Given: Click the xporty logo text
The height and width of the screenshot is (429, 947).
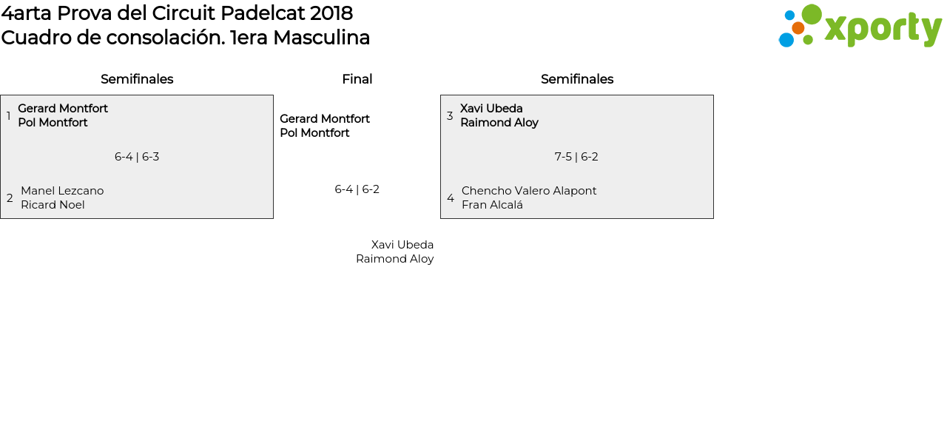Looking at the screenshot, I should [883, 29].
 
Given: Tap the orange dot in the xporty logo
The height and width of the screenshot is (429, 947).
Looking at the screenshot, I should [798, 28].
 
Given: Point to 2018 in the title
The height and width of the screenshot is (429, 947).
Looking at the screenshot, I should [331, 13].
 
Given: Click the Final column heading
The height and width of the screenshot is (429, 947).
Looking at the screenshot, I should [357, 79].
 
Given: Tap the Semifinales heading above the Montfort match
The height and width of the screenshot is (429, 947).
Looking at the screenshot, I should [137, 79].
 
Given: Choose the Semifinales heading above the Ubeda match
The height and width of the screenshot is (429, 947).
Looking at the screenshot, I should [577, 79].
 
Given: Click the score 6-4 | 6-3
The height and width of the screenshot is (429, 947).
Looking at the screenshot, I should [137, 157].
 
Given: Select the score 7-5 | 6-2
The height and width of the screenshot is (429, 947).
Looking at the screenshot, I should [576, 157].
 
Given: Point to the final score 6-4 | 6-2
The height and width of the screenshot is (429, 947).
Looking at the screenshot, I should [357, 189].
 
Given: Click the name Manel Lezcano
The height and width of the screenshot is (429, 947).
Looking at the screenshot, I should [62, 191].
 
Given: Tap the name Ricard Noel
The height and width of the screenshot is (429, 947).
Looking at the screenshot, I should [53, 205].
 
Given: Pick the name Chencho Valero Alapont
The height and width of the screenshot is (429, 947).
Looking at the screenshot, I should [529, 191].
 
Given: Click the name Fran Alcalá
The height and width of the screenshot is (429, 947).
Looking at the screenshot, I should [492, 205].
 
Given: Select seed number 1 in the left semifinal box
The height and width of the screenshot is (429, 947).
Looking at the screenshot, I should [8, 116].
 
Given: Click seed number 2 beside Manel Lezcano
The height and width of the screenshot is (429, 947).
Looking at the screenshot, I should [10, 198].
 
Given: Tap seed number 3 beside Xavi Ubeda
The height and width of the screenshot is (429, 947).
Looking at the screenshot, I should [450, 116].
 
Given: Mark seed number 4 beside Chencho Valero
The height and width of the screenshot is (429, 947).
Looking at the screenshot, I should [451, 198].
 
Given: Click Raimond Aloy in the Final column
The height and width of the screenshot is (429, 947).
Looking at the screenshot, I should [394, 259].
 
